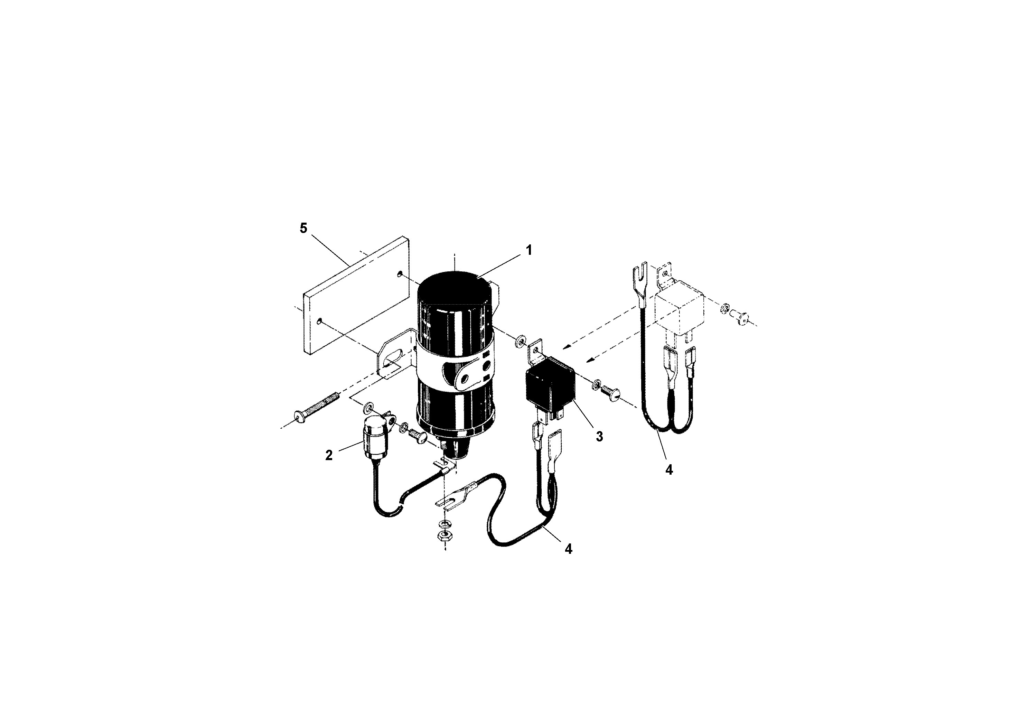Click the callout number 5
pos(303,229)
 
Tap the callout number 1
pos(529,250)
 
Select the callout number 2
pos(329,455)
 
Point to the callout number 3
pos(599,436)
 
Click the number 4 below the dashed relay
pos(669,470)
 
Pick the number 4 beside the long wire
pos(568,549)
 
